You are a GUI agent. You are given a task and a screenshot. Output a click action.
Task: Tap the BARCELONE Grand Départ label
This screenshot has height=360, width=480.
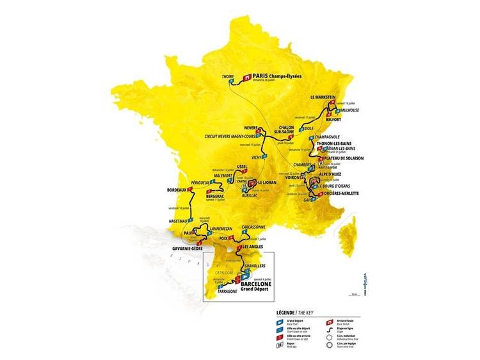264,284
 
